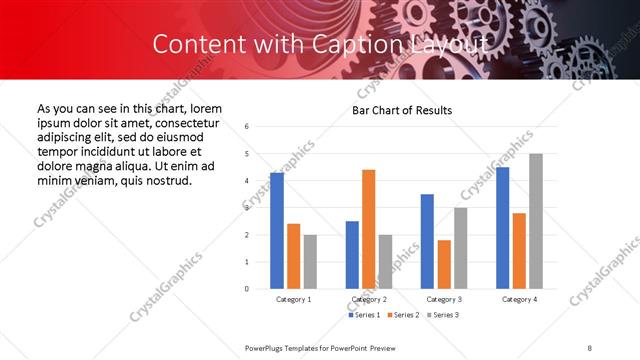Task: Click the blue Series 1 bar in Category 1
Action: tap(277, 231)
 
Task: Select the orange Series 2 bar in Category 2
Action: tap(368, 229)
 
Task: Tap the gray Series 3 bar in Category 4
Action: tap(536, 221)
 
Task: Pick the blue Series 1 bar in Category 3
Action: tap(427, 241)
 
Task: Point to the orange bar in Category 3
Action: tap(443, 264)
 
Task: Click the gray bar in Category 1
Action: tap(310, 261)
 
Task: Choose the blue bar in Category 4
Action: tap(502, 228)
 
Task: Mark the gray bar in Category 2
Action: tap(385, 261)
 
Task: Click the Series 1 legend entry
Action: tap(365, 315)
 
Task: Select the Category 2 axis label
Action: tap(369, 299)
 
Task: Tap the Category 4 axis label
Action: tap(519, 299)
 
